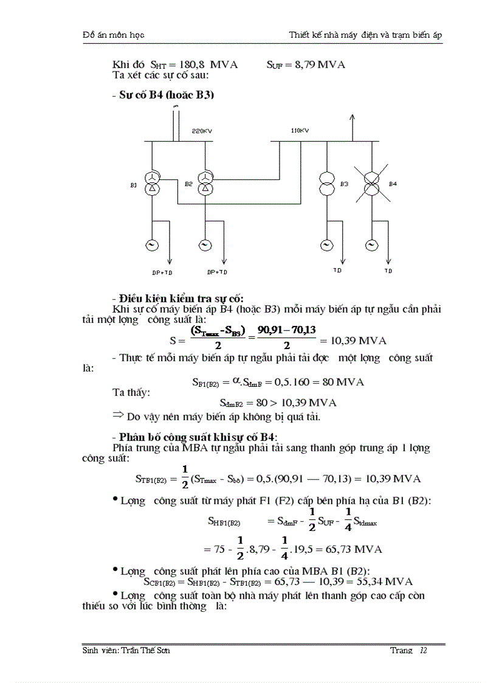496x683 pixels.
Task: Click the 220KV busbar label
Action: click(201, 131)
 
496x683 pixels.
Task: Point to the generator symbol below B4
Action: click(371, 244)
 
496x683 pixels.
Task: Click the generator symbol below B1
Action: click(151, 244)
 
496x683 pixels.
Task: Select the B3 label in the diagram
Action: click(344, 184)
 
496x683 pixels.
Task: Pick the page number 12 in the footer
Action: click(423, 650)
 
